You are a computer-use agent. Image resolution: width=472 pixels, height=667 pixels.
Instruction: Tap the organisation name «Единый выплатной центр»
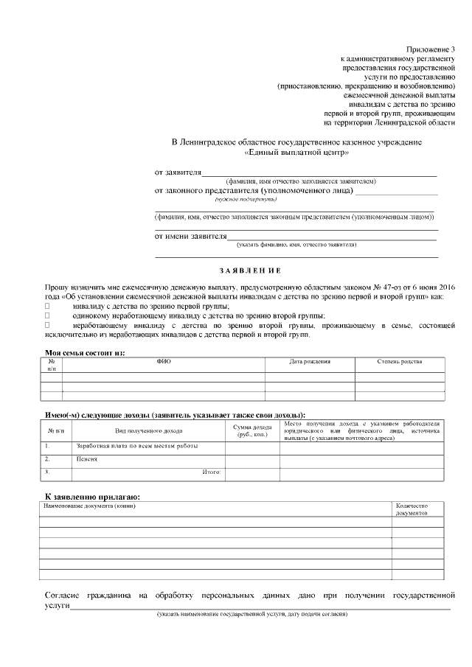296,153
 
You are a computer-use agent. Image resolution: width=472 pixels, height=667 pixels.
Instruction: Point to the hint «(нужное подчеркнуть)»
246,199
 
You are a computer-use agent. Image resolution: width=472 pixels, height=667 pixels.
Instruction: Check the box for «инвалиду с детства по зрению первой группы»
48,305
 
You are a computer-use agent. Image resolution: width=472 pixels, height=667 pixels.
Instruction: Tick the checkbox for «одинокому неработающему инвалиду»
48,315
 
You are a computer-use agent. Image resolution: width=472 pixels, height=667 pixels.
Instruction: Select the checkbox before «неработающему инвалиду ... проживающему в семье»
48,324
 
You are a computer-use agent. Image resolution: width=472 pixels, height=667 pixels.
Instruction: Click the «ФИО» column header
164,362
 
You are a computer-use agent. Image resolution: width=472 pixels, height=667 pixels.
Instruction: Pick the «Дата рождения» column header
310,362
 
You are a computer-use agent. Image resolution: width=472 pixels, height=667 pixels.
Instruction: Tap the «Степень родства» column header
400,362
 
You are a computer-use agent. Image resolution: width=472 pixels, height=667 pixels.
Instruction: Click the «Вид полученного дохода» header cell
148,430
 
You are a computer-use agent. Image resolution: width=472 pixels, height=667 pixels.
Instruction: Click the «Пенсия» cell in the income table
87,459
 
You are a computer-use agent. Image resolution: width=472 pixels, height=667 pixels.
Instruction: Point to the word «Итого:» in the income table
212,472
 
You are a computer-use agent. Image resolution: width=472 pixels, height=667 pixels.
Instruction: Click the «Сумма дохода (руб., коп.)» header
252,430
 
